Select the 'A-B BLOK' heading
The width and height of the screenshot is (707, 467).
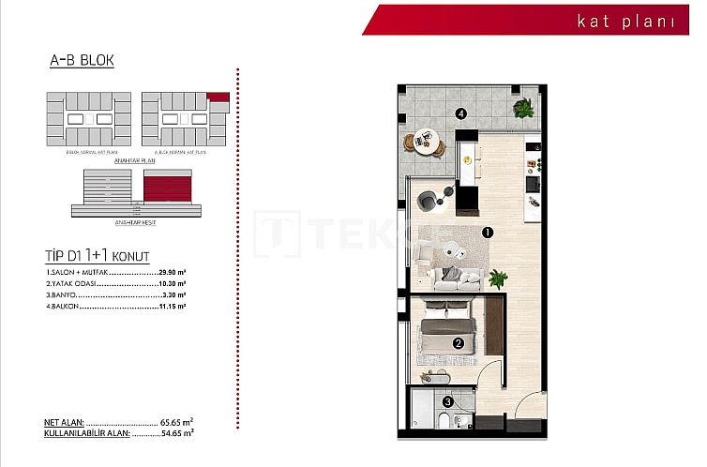tap(82, 61)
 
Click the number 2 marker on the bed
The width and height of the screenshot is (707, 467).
tap(458, 342)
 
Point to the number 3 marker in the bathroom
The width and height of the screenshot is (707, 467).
tap(448, 402)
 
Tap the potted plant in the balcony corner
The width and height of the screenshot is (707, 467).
tap(522, 107)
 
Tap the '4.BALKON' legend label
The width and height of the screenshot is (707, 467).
tap(62, 307)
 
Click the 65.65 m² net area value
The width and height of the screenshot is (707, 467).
tap(175, 423)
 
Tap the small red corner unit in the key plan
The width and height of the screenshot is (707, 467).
tap(218, 97)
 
